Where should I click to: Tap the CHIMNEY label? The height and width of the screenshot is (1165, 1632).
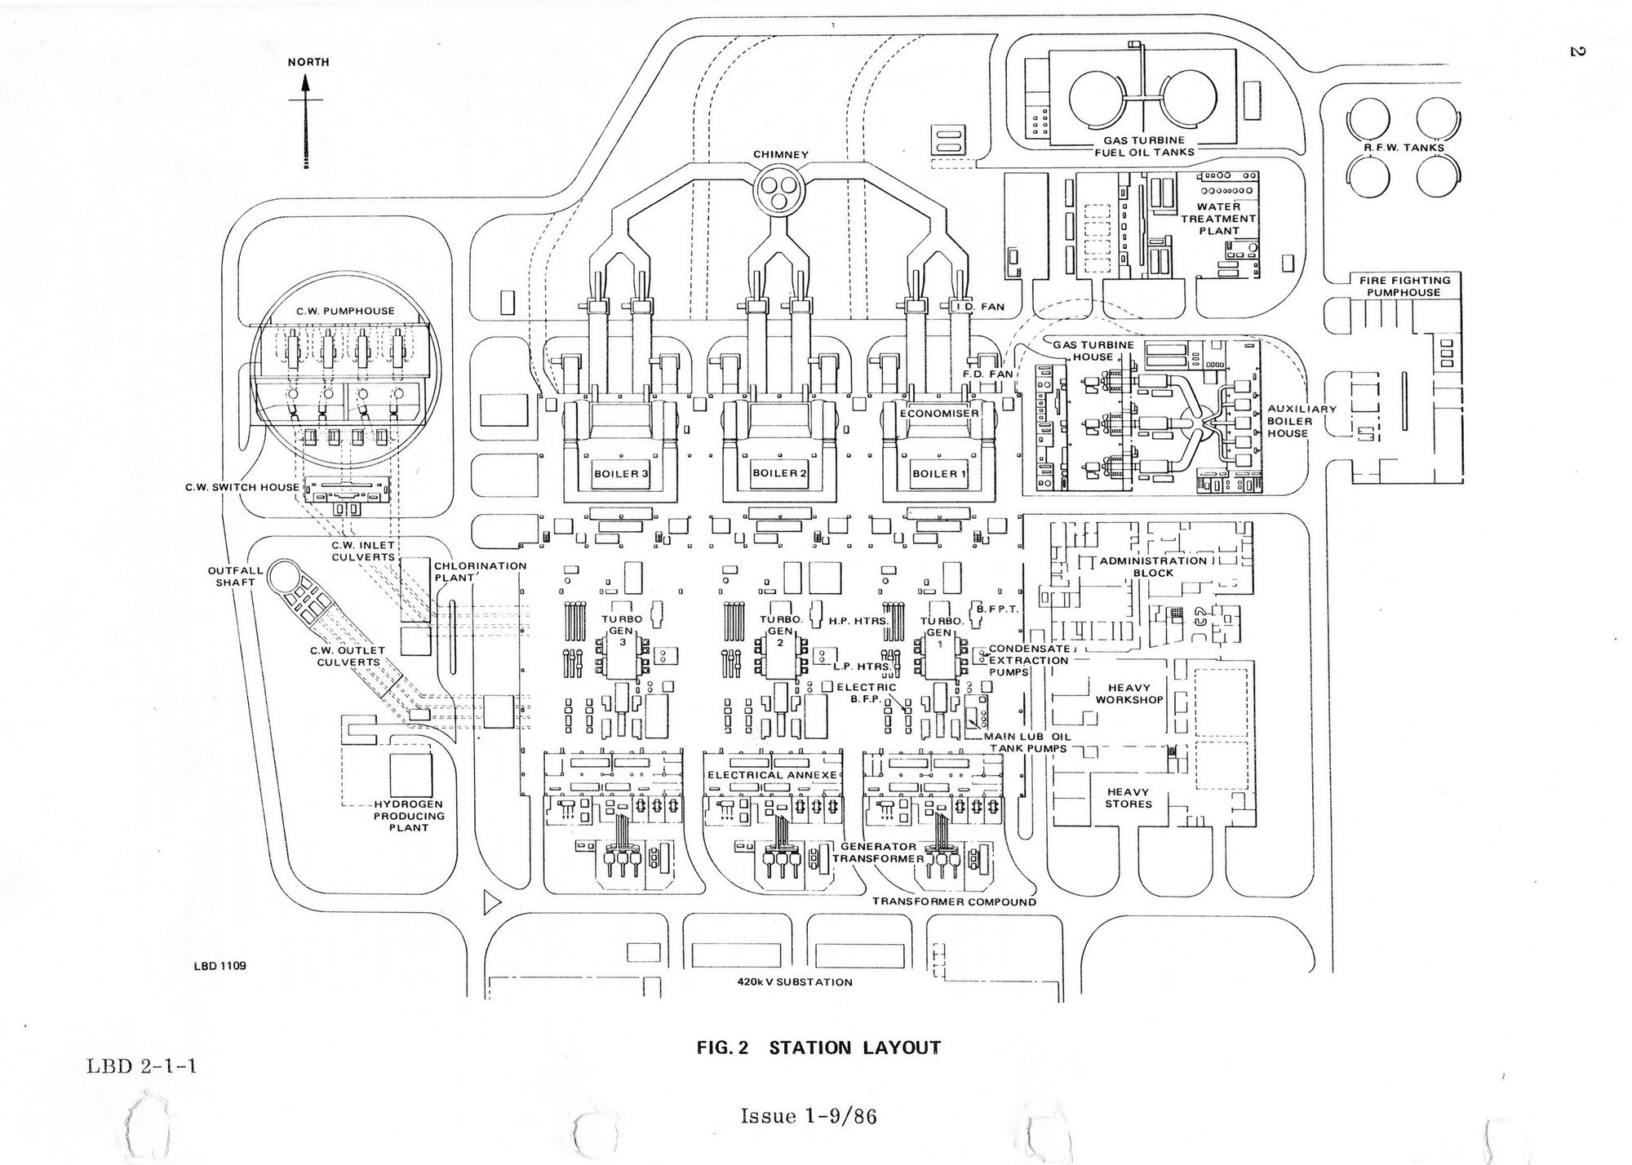781,154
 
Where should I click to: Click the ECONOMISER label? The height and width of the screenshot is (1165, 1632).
938,414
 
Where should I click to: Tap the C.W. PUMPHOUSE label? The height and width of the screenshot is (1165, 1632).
345,311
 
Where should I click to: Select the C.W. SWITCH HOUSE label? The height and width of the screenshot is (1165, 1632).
242,488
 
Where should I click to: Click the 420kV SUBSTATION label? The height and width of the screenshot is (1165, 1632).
794,982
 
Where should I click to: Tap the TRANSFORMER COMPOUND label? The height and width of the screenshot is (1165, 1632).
954,902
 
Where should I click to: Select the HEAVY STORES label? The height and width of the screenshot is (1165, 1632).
1129,798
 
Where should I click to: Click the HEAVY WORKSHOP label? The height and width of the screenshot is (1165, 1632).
1129,694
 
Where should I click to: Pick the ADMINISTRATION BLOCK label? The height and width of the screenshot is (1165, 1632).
1153,566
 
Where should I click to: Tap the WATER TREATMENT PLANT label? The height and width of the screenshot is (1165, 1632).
1219,219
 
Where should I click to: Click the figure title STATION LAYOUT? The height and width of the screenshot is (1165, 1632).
818,1048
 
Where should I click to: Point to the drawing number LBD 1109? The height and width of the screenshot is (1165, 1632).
220,966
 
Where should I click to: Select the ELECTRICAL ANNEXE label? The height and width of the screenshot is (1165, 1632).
772,775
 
